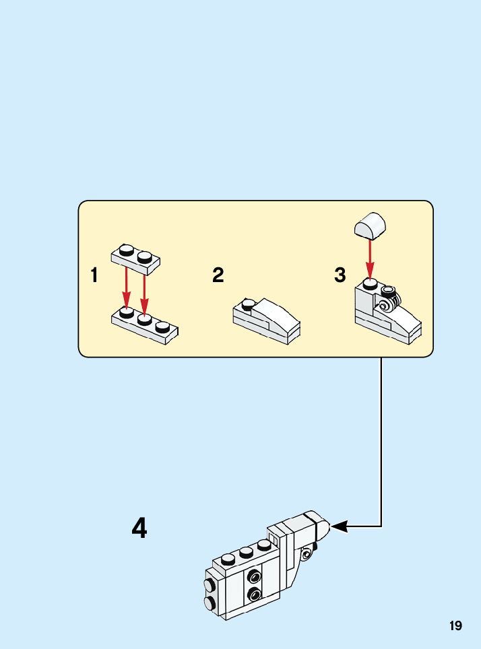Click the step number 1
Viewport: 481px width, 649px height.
[94, 275]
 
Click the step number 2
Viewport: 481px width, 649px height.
[218, 275]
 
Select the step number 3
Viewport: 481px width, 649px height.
[340, 275]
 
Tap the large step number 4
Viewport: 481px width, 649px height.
[139, 528]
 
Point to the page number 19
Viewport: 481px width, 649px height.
[456, 626]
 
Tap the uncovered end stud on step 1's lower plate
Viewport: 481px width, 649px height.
[162, 327]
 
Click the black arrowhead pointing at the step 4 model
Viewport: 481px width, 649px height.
[340, 526]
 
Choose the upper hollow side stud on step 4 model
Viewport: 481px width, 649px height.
[254, 576]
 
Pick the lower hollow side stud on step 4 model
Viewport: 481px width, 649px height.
[254, 594]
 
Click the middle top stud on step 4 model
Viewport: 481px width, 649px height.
[245, 551]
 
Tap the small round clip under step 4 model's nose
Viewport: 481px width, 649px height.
[307, 553]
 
